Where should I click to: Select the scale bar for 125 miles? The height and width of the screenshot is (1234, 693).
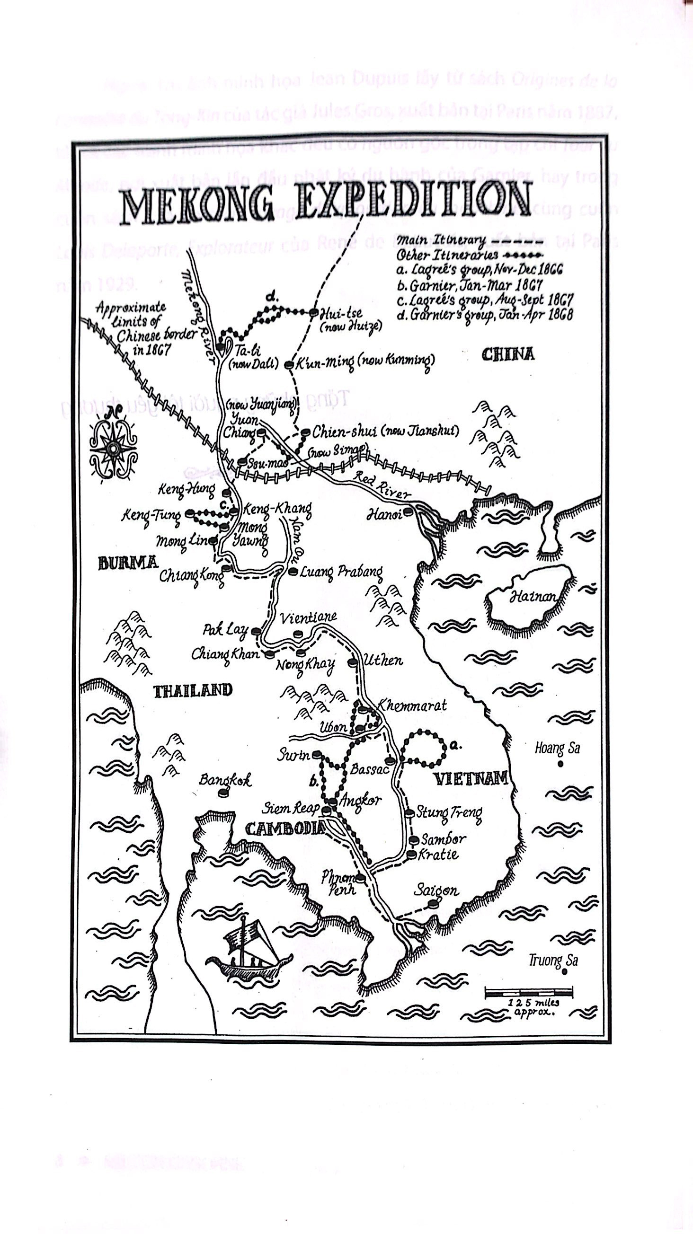(529, 992)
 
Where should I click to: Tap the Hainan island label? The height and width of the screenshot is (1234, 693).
(533, 597)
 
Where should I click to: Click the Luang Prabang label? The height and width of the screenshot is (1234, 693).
(341, 572)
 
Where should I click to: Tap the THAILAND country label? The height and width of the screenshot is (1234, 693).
(193, 690)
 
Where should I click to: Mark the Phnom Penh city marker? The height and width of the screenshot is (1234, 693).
(361, 878)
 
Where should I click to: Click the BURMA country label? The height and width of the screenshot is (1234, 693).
(127, 563)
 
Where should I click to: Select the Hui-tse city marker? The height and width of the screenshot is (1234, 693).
(313, 312)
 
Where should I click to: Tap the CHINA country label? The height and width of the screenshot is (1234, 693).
(507, 354)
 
